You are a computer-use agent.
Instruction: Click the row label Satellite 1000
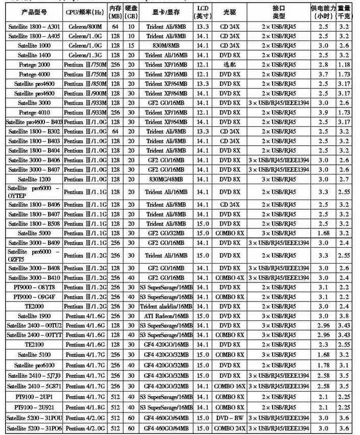click(x=34, y=45)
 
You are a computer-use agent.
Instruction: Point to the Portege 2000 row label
click(x=34, y=64)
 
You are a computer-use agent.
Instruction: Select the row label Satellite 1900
click(x=34, y=316)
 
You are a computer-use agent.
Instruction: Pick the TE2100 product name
click(x=34, y=344)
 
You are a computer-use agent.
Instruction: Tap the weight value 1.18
click(x=344, y=64)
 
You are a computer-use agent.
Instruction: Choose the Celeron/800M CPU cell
click(x=85, y=26)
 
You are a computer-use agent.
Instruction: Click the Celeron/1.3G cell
click(x=85, y=55)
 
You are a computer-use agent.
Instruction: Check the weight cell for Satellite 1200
click(x=344, y=179)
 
